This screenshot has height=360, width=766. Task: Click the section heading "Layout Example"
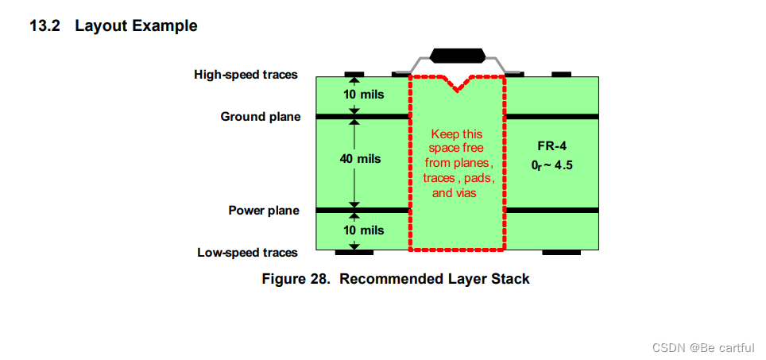pyautogui.click(x=136, y=25)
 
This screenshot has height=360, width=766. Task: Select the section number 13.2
pyautogui.click(x=46, y=25)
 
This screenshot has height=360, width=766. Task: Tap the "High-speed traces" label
pyautogui.click(x=246, y=75)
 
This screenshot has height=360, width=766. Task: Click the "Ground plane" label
pyautogui.click(x=260, y=117)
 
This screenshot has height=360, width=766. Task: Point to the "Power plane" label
pyautogui.click(x=264, y=211)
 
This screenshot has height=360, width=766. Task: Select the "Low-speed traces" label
pyautogui.click(x=247, y=253)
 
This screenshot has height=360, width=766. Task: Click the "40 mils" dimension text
pyautogui.click(x=360, y=159)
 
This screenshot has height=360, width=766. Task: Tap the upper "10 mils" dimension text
pyautogui.click(x=363, y=95)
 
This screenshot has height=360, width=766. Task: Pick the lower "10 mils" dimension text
pyautogui.click(x=363, y=230)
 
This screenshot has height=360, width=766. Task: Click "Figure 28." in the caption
pyautogui.click(x=296, y=279)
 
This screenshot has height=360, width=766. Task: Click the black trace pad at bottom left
pyautogui.click(x=354, y=253)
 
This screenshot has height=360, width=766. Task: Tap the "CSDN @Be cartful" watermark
pyautogui.click(x=703, y=348)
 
